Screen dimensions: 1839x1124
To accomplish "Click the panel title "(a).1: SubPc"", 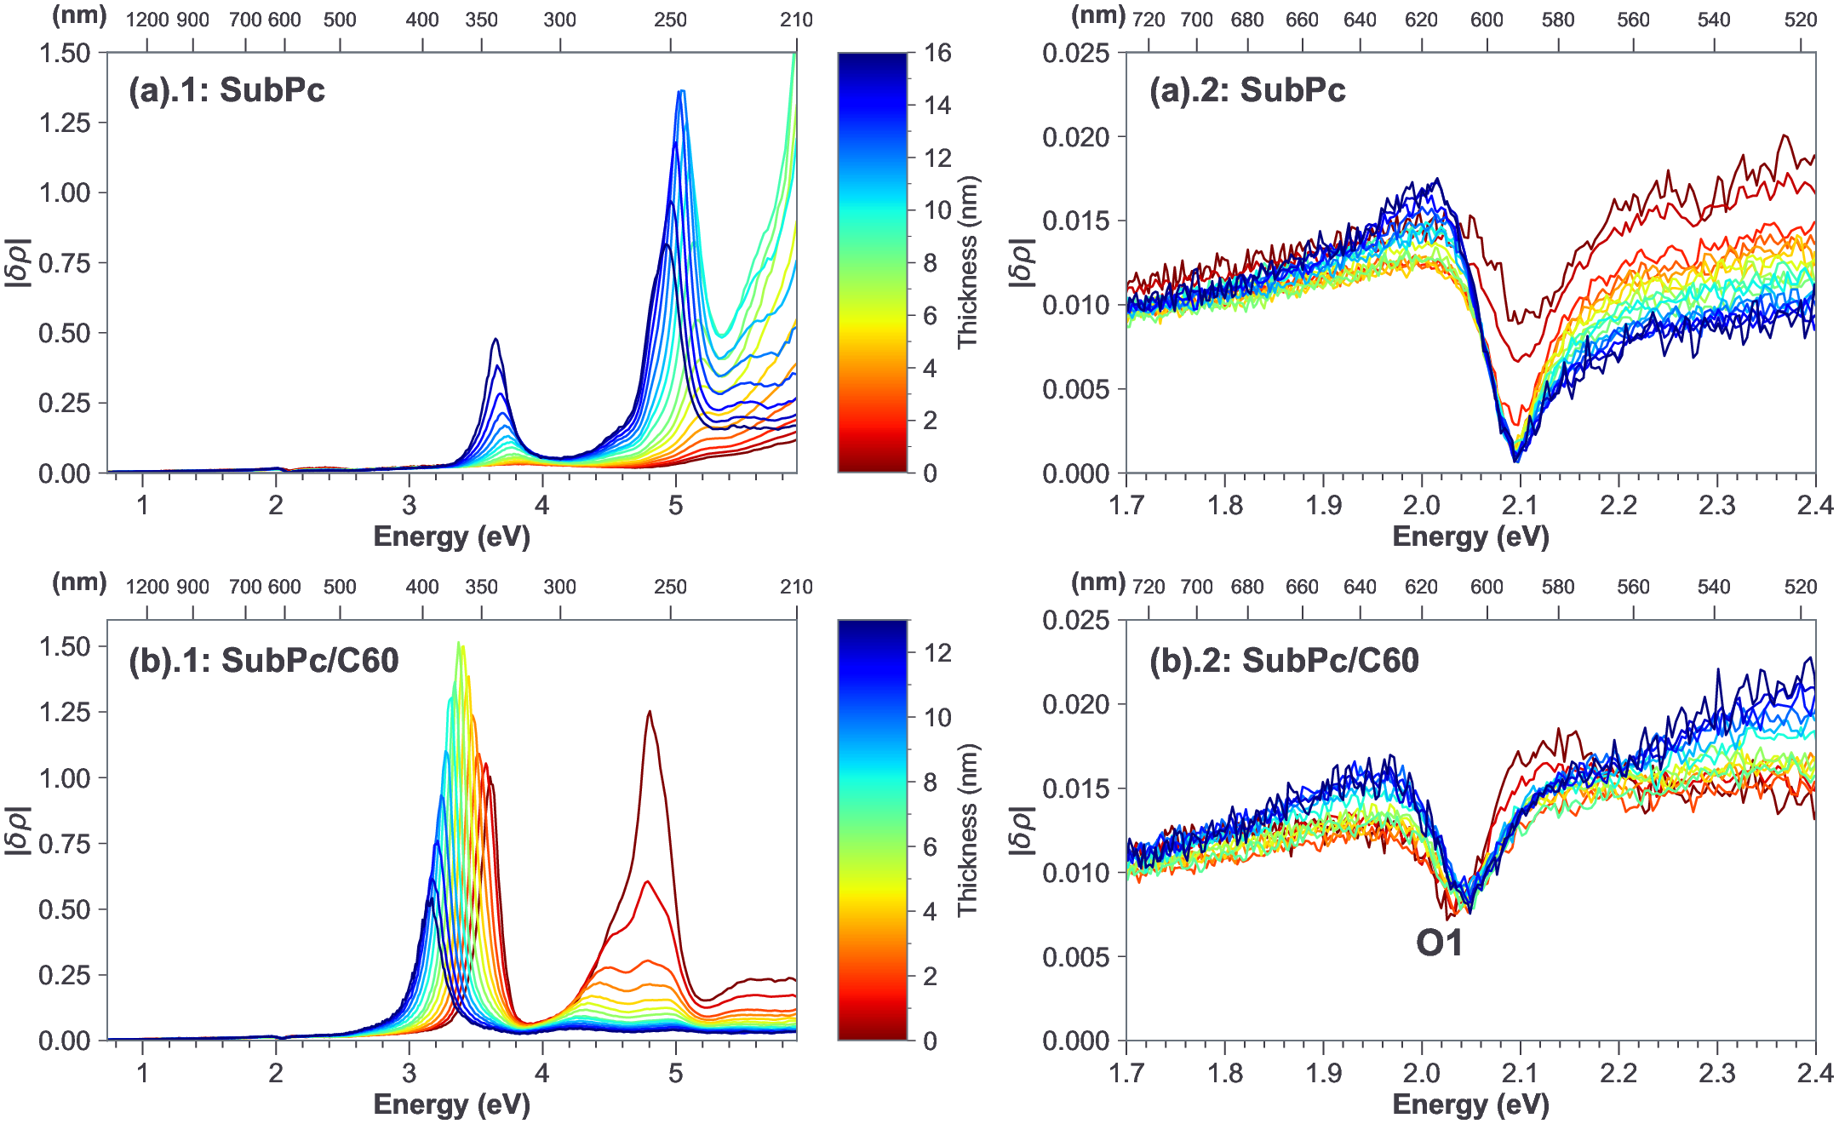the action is point(226,89).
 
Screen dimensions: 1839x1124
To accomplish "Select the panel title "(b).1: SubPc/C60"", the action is point(264,660).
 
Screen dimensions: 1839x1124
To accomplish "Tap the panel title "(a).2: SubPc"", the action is point(1247,89).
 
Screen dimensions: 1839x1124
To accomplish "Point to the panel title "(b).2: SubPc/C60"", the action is point(1284,660).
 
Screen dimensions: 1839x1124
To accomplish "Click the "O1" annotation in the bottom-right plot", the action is point(1439,943).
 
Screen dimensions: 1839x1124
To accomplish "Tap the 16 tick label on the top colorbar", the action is point(938,53).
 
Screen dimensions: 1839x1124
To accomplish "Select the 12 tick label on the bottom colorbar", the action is point(938,652).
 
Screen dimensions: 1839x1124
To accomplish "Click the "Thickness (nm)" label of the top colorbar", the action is point(968,262).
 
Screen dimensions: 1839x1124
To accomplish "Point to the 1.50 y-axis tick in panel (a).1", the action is point(64,53).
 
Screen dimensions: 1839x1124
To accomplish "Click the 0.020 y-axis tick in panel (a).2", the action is point(1076,136).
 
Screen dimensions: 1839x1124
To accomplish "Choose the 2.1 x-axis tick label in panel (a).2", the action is point(1520,505).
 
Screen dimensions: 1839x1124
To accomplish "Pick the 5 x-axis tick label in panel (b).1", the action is point(675,1073).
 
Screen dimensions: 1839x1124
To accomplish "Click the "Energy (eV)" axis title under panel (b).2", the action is point(1470,1104).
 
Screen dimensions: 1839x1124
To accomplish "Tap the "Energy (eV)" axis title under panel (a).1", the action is point(451,536).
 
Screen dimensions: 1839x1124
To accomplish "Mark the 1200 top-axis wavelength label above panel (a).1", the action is point(147,20).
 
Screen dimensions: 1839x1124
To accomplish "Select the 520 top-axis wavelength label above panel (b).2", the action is point(1801,587).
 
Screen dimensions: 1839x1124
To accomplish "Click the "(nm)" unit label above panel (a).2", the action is point(1098,15).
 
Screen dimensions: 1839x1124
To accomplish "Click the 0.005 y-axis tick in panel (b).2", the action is point(1076,956).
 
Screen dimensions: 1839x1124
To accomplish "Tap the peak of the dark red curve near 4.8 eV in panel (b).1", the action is point(650,712).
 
